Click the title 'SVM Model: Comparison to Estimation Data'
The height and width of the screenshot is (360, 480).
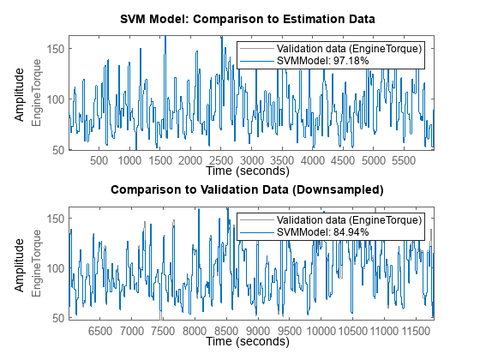(x=251, y=20)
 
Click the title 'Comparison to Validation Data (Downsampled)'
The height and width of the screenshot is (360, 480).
(x=251, y=189)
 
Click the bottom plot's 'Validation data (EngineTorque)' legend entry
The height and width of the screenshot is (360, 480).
(x=348, y=219)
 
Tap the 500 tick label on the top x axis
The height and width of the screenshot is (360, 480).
(x=99, y=159)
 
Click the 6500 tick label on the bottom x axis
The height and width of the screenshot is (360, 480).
(x=101, y=329)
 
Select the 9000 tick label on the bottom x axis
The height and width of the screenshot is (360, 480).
(x=258, y=329)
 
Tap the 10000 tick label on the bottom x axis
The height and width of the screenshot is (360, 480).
(x=321, y=329)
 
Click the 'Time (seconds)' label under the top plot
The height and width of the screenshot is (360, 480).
(x=251, y=171)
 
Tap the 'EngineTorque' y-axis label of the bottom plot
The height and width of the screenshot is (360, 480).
(x=37, y=263)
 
